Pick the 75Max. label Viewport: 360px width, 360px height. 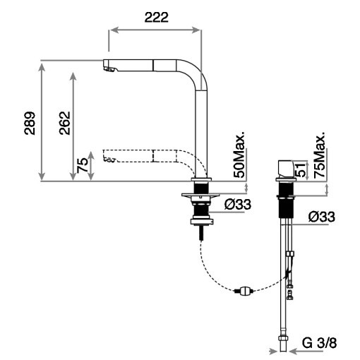point(319,154)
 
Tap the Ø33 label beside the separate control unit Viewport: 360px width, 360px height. point(321,217)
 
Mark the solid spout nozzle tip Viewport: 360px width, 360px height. point(107,67)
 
